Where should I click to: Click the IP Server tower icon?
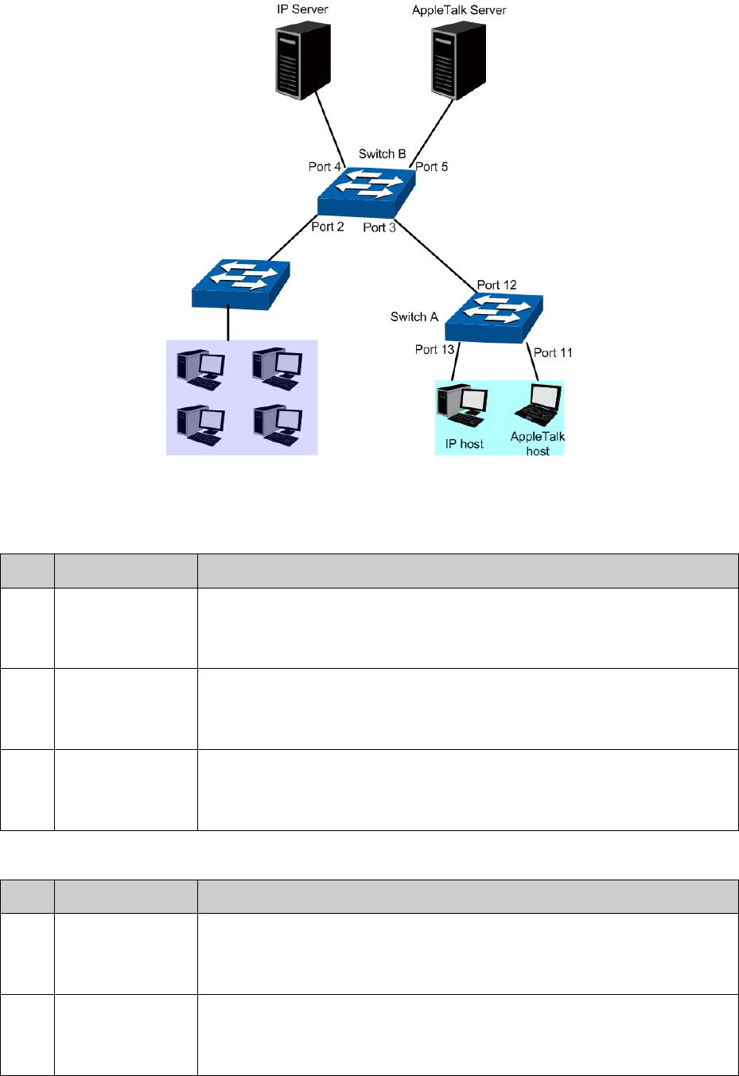[303, 60]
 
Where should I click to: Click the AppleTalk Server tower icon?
[459, 60]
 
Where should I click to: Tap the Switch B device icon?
[367, 192]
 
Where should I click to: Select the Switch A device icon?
[494, 318]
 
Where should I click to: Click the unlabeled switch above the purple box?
[240, 284]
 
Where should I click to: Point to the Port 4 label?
[325, 167]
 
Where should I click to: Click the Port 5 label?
[432, 167]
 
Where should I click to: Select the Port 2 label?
[328, 227]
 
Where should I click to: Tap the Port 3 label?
[379, 227]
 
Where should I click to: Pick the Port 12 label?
[496, 285]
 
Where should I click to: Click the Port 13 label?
[434, 349]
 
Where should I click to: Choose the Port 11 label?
[553, 352]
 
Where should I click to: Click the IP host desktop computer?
[462, 404]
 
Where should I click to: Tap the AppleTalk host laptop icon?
[539, 406]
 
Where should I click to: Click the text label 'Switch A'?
[414, 317]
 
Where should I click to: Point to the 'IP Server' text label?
[302, 10]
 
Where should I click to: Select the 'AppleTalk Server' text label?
[459, 10]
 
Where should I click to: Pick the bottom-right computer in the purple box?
[277, 425]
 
